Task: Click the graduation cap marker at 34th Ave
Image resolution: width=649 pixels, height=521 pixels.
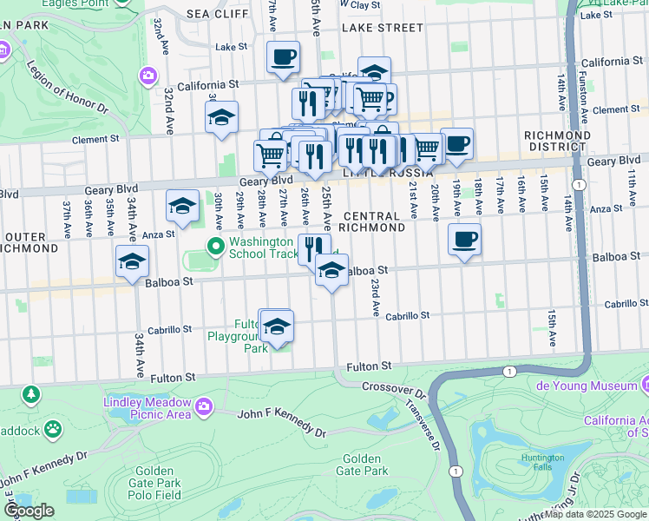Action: (x=132, y=262)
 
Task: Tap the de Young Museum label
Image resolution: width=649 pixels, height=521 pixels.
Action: (x=593, y=385)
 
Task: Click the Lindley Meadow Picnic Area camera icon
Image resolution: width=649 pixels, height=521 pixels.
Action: (x=205, y=406)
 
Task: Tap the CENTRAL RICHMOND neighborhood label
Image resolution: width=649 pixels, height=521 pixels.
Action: (x=374, y=221)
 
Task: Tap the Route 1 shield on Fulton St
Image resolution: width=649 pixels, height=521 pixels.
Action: (x=509, y=371)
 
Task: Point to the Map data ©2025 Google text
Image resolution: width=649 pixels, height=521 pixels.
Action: (x=595, y=514)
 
